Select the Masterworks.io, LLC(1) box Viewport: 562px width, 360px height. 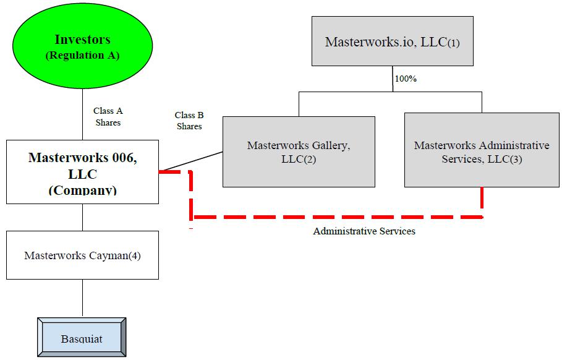[392, 41]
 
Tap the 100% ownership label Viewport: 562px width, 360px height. [406, 79]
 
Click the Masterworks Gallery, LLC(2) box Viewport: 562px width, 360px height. [299, 152]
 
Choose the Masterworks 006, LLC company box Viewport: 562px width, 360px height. [82, 172]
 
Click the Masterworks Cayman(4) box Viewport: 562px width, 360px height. [82, 255]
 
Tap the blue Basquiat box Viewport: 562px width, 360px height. [82, 339]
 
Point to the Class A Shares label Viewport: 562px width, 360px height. [108, 116]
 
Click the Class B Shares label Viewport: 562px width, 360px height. [189, 121]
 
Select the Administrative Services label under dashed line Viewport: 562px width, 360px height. [364, 231]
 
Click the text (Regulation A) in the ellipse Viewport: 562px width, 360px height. [82, 56]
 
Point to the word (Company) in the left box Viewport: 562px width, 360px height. [82, 190]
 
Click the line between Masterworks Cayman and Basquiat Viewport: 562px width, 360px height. [82, 298]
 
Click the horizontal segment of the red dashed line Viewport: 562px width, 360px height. [337, 217]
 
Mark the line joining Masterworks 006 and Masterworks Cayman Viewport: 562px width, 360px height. [82, 217]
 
